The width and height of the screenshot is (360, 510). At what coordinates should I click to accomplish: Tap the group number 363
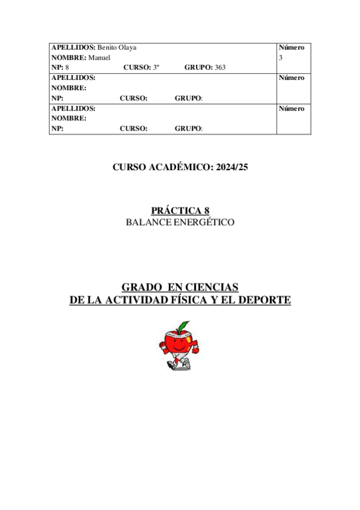[220, 67]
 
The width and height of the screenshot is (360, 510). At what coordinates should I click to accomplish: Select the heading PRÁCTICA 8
[180, 210]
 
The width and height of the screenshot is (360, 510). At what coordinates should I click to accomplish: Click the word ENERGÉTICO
[204, 222]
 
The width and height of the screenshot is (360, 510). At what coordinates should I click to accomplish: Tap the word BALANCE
[148, 222]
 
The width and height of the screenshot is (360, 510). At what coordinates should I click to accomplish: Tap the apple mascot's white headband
[178, 335]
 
